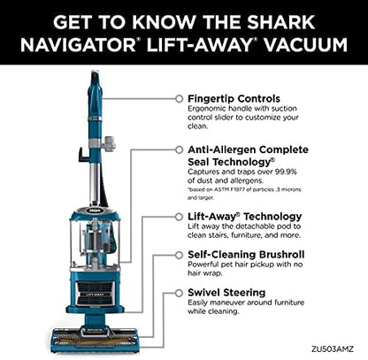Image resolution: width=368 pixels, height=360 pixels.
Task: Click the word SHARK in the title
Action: pos(281,22)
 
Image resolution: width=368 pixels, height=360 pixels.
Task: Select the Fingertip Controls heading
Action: pos(234,98)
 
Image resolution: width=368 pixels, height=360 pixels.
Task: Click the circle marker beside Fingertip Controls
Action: pos(179,99)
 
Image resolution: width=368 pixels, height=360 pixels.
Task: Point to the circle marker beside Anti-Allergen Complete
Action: pos(179,149)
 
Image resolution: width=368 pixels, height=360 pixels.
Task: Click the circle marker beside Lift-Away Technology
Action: pos(179,217)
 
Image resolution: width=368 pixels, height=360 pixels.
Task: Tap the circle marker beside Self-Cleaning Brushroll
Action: pos(179,255)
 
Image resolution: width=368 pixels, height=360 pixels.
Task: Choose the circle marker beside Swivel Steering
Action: pos(179,293)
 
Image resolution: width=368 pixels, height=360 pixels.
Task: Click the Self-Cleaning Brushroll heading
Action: pos(246,255)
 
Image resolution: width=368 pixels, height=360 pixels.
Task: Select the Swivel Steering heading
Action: pos(226,293)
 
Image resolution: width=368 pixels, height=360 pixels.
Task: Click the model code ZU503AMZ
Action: pos(333,349)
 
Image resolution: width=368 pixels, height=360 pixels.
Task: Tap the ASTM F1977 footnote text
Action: pos(244,194)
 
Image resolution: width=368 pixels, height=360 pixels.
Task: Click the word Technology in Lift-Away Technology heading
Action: pos(272,217)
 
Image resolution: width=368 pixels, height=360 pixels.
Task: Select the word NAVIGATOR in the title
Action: pos(78,45)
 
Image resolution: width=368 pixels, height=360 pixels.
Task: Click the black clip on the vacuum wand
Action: pos(83,155)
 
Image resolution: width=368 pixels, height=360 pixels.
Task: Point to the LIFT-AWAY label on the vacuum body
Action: pos(95,294)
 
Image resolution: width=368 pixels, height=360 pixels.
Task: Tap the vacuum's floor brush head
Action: pos(95,340)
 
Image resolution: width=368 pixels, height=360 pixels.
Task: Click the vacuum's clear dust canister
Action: pos(95,242)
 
